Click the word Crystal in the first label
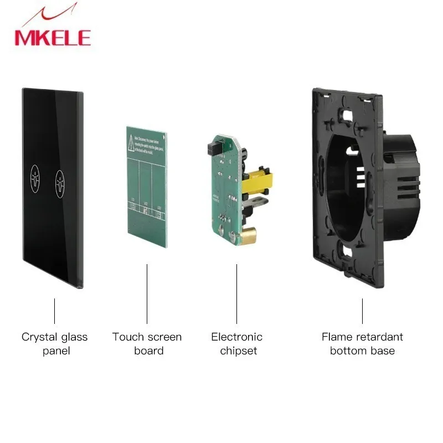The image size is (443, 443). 38,337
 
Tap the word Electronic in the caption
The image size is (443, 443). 236,337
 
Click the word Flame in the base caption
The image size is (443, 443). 337,337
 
